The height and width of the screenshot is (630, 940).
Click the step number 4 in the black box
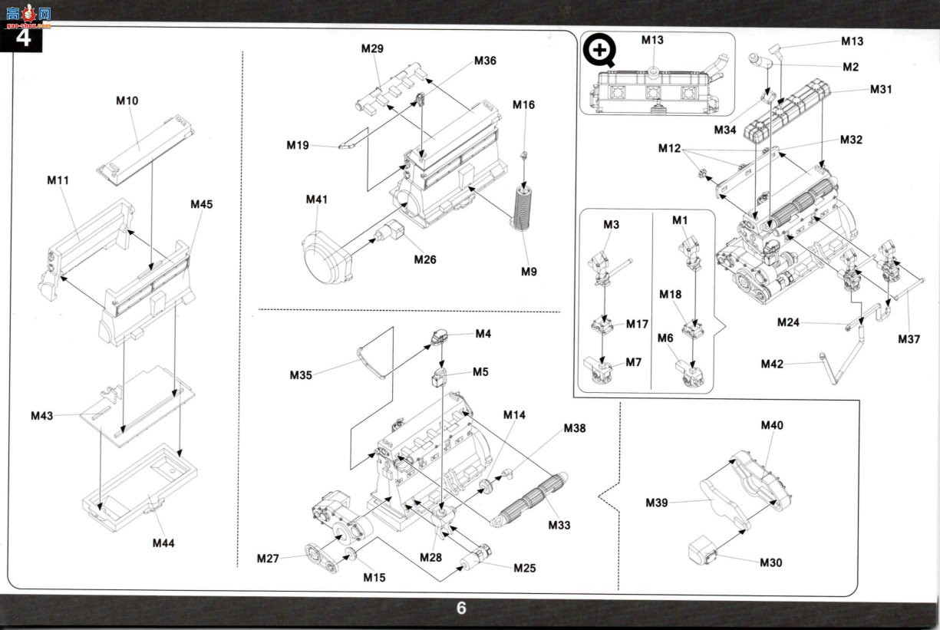click(24, 38)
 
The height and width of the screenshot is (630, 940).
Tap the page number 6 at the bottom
click(461, 609)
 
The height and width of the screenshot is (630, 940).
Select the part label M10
click(127, 101)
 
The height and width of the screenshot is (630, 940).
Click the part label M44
click(163, 543)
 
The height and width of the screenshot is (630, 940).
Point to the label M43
click(42, 416)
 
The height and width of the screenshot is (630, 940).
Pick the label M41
click(317, 200)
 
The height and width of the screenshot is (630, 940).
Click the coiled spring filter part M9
click(522, 209)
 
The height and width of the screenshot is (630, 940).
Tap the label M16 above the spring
click(523, 105)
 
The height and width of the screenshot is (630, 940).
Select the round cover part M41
click(326, 258)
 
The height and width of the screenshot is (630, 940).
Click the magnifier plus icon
click(599, 51)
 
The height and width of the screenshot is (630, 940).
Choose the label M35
click(301, 375)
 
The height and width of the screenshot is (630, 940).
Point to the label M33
click(559, 525)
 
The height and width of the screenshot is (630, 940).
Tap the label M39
click(657, 503)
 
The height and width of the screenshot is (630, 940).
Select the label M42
click(772, 364)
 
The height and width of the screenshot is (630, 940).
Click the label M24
click(789, 322)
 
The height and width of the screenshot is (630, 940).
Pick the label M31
click(881, 90)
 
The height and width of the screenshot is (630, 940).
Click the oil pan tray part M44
click(140, 489)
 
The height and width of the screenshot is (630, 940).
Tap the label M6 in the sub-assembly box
click(665, 338)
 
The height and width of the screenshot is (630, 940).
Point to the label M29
click(372, 48)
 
